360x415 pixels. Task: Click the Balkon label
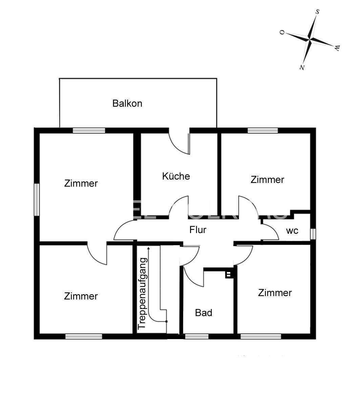127,103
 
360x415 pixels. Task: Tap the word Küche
176,176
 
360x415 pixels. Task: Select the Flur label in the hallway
198,230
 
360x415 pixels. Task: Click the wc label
292,231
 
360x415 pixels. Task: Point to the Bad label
204,313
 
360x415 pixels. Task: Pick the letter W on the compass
337,48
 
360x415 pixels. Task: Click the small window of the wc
313,234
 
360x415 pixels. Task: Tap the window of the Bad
196,336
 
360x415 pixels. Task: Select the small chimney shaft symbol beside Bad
229,274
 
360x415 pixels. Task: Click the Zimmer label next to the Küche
267,180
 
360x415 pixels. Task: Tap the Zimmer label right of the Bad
275,293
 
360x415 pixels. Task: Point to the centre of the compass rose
310,39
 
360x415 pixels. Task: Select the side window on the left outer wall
37,199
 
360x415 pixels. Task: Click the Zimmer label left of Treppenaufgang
81,296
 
